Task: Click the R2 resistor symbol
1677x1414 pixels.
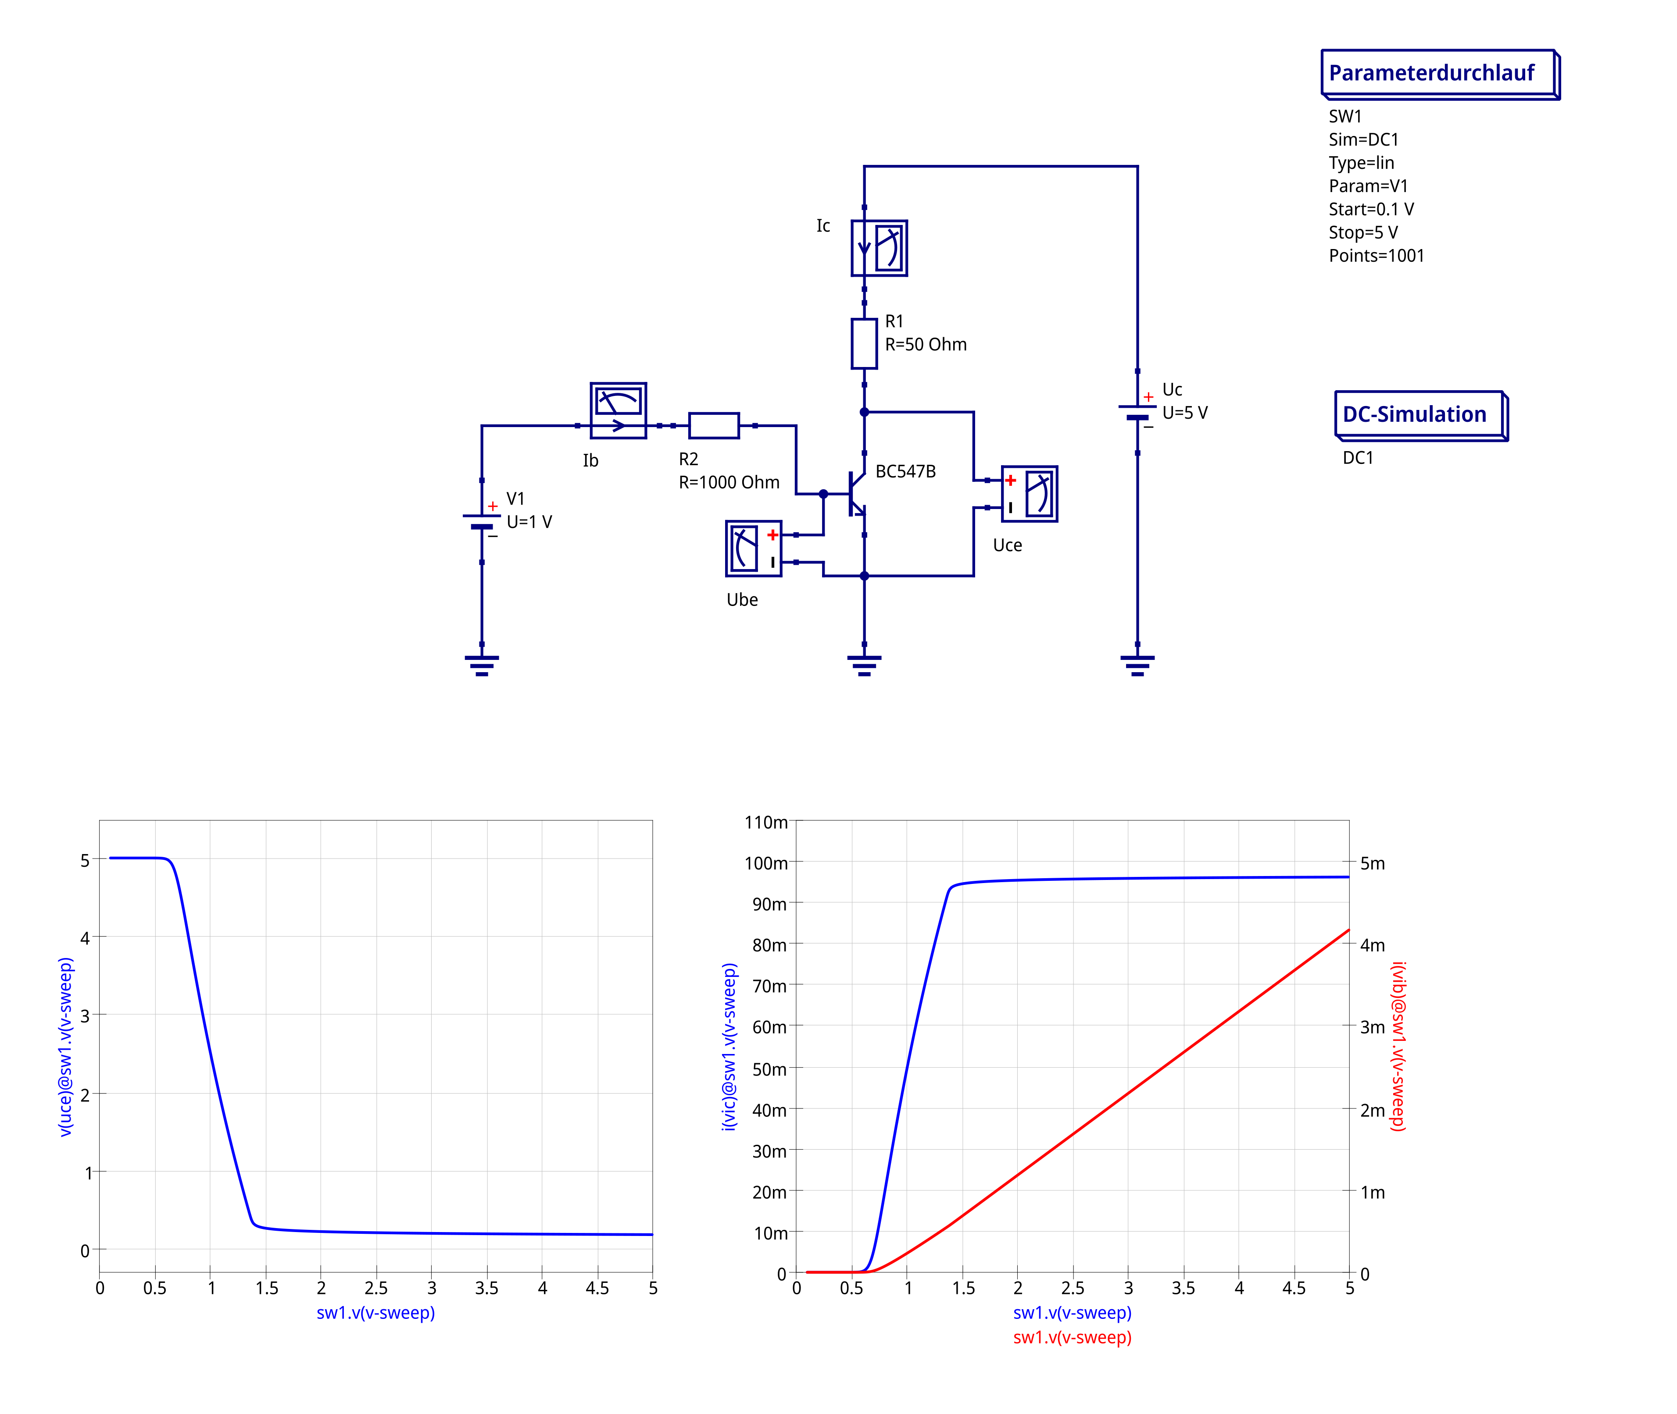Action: pyautogui.click(x=714, y=426)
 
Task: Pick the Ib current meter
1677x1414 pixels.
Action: pyautogui.click(x=619, y=410)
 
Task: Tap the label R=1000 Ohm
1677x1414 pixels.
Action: pyautogui.click(x=729, y=483)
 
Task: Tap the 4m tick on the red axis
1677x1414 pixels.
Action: pyautogui.click(x=1372, y=946)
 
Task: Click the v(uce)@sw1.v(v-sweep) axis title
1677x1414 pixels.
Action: pyautogui.click(x=66, y=1046)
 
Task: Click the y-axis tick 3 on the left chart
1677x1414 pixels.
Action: pyautogui.click(x=85, y=1015)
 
